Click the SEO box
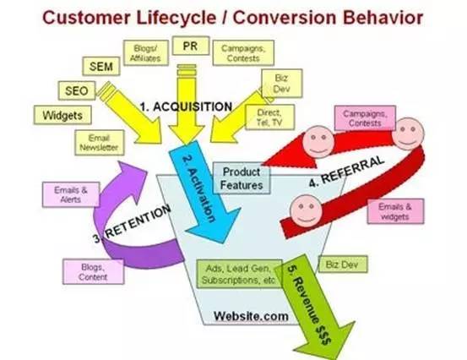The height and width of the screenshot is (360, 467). pyautogui.click(x=77, y=90)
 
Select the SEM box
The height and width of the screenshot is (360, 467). pyautogui.click(x=101, y=66)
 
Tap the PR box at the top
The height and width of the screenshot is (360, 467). pyautogui.click(x=191, y=46)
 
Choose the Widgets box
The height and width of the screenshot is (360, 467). pyautogui.click(x=62, y=115)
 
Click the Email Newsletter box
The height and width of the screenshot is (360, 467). pyautogui.click(x=99, y=143)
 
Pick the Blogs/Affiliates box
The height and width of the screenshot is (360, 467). pyautogui.click(x=145, y=52)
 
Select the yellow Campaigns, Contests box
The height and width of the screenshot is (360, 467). pyautogui.click(x=243, y=52)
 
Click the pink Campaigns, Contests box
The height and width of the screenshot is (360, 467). pyautogui.click(x=365, y=118)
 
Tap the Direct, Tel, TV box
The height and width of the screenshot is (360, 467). pyautogui.click(x=269, y=117)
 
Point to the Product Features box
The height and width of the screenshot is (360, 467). pyautogui.click(x=242, y=178)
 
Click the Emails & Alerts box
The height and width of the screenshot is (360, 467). pyautogui.click(x=71, y=194)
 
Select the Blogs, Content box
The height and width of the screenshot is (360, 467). pyautogui.click(x=93, y=272)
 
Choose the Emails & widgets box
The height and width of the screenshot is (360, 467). pyautogui.click(x=395, y=211)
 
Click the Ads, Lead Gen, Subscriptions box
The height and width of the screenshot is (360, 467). pyautogui.click(x=239, y=274)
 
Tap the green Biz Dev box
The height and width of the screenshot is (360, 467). pyautogui.click(x=343, y=264)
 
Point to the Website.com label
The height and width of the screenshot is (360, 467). pyautogui.click(x=251, y=316)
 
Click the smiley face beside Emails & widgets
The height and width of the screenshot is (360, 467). pyautogui.click(x=306, y=210)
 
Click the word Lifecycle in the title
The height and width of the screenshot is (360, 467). pyautogui.click(x=176, y=17)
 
